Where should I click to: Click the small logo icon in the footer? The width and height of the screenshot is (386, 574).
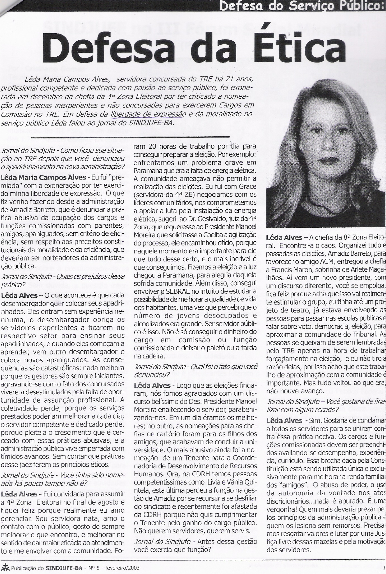5,567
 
